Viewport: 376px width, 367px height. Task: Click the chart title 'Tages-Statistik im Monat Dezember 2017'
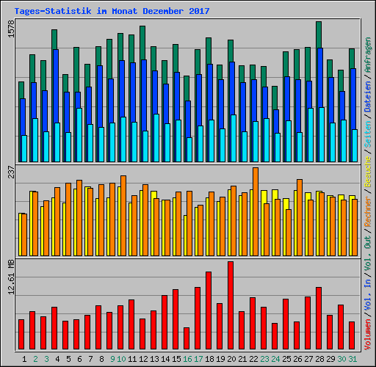(x=112, y=11)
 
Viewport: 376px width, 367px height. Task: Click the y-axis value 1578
(x=10, y=33)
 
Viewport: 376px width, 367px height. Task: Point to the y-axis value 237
(x=10, y=172)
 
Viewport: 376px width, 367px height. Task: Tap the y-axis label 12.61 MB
(x=10, y=279)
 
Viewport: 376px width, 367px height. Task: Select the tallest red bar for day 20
(x=231, y=305)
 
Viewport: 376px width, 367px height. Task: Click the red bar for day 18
(x=209, y=310)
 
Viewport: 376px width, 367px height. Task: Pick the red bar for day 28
(x=319, y=318)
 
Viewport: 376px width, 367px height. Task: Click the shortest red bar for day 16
(x=187, y=338)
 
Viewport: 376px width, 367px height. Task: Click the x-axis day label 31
(x=352, y=358)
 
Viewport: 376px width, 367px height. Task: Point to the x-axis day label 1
(x=25, y=358)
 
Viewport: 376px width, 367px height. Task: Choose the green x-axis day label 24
(x=275, y=358)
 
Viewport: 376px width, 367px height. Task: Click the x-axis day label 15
(x=176, y=358)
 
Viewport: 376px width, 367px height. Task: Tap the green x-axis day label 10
(x=121, y=358)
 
